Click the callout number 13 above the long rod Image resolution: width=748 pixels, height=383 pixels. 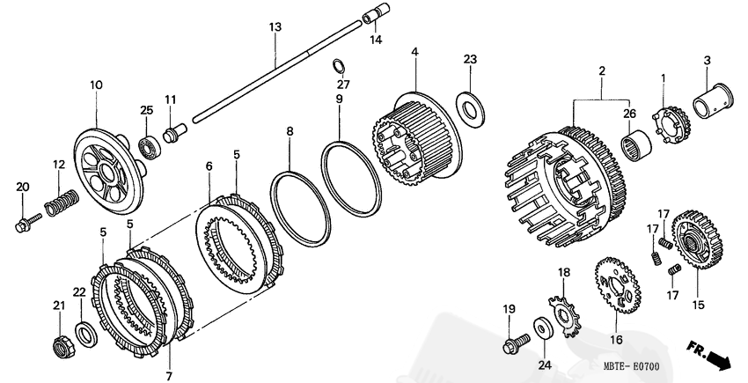point(275,28)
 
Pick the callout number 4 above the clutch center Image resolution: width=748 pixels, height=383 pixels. point(414,54)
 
